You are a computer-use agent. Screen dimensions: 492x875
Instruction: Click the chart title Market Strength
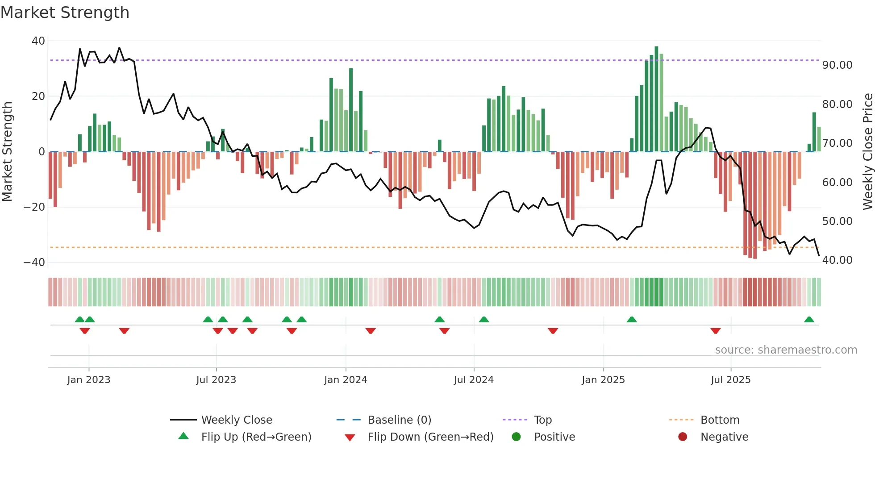(x=65, y=13)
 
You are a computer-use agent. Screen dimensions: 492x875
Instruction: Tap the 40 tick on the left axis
(x=38, y=41)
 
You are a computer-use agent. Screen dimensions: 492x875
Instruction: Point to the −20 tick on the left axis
(x=34, y=207)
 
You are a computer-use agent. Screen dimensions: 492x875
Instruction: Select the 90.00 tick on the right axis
(x=837, y=65)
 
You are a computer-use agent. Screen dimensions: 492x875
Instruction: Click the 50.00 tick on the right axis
(x=837, y=221)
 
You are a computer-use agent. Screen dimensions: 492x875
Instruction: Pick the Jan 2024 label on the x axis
(x=346, y=380)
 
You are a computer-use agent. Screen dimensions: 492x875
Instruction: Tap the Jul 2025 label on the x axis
(x=730, y=380)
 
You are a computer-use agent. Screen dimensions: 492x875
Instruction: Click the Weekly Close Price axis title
(x=867, y=151)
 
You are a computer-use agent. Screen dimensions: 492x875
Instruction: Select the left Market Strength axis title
(x=7, y=151)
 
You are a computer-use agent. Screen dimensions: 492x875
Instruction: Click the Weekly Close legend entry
(x=236, y=420)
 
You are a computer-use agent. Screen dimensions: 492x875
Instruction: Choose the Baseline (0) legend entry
(x=399, y=420)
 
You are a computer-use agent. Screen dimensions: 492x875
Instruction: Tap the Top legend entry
(x=542, y=420)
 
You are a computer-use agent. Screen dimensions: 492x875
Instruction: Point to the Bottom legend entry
(x=720, y=420)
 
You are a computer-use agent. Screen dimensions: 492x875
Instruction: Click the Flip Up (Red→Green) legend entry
(x=256, y=437)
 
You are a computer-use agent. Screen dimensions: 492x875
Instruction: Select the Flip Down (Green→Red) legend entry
(x=430, y=437)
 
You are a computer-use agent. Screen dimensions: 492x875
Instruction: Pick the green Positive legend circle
(x=517, y=437)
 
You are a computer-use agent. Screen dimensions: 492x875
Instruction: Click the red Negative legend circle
(x=683, y=437)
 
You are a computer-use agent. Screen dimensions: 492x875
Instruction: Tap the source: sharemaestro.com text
(x=786, y=350)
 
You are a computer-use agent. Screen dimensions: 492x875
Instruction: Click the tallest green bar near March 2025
(x=656, y=98)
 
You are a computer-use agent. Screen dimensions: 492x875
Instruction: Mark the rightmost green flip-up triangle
(x=809, y=320)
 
